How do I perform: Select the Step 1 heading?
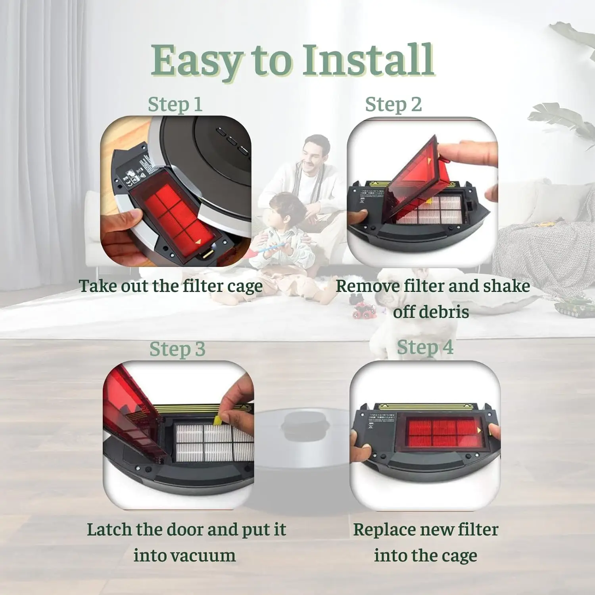pos(175,105)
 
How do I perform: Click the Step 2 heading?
pos(393,105)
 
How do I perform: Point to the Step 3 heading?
pos(177,349)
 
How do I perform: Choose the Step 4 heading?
pos(425,347)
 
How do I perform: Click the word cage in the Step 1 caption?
pos(244,286)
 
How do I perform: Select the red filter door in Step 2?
pos(416,175)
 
